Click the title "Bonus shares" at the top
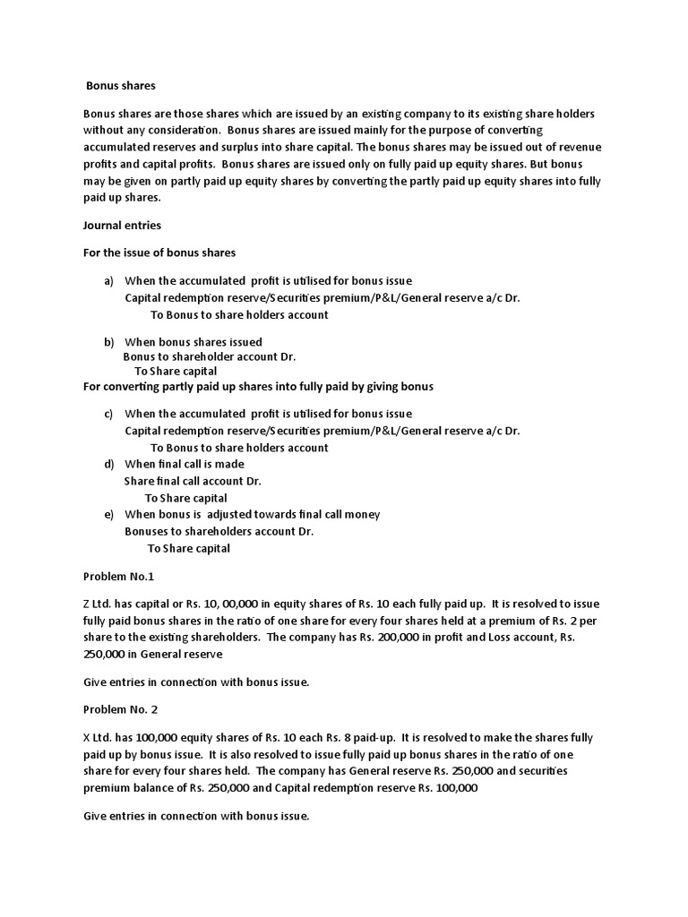coord(121,86)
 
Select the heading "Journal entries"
coord(122,226)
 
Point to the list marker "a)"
coord(109,281)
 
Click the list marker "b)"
coord(109,342)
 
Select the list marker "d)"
coord(109,464)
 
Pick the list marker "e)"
coord(109,514)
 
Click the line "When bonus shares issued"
coord(193,342)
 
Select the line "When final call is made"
coord(184,464)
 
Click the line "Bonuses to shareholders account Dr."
coord(219,531)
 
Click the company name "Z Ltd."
coord(99,605)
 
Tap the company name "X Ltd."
coord(99,738)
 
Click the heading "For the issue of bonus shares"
coord(159,253)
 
